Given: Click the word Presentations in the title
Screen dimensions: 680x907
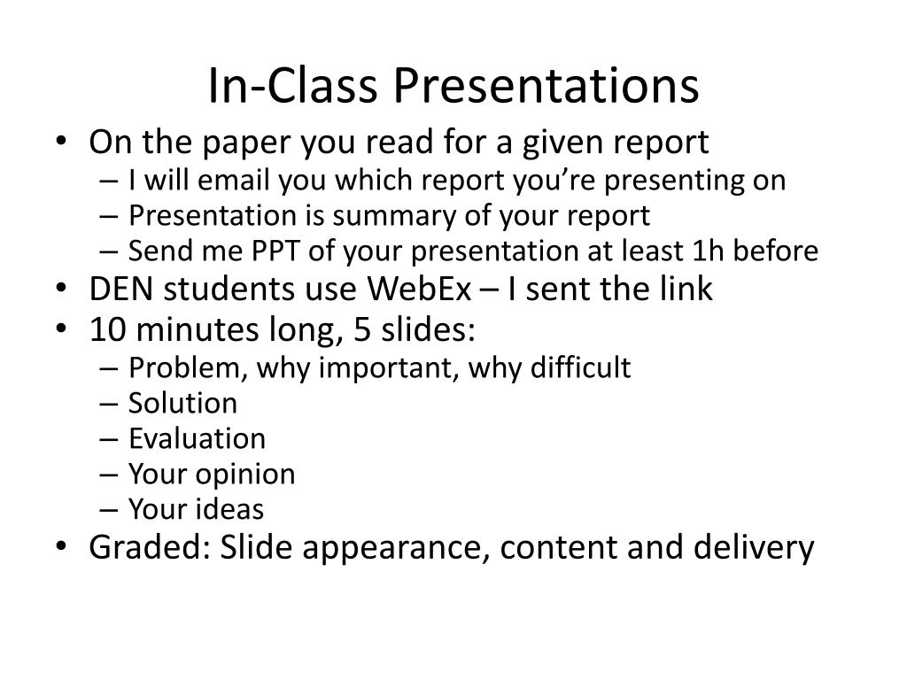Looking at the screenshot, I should (546, 86).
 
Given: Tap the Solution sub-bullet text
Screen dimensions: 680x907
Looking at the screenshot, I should (182, 404).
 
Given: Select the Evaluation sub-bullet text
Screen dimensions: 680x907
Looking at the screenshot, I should (197, 439).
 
